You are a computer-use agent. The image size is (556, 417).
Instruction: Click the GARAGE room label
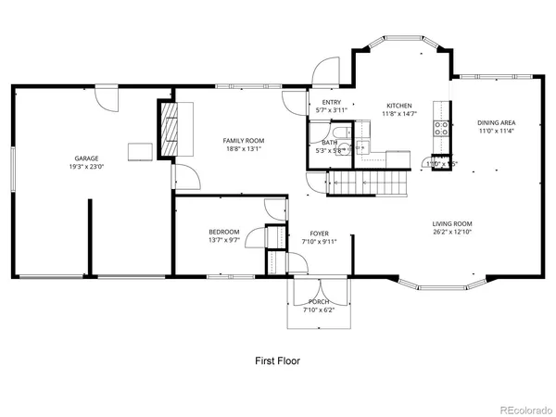(88, 158)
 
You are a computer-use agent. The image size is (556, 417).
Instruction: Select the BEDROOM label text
(224, 232)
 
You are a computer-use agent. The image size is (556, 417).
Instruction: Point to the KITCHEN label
(399, 106)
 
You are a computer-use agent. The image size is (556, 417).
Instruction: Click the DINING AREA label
(496, 122)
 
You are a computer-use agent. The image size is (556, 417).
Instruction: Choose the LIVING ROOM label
(452, 223)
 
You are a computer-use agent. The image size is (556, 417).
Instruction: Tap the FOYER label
(319, 234)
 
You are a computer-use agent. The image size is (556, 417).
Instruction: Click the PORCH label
(319, 301)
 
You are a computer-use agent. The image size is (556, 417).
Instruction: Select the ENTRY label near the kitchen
(331, 103)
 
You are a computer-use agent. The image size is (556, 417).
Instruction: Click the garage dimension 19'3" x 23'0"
(88, 167)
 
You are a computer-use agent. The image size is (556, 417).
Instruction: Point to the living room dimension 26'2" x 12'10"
(452, 232)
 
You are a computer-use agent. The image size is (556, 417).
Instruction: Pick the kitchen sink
(364, 145)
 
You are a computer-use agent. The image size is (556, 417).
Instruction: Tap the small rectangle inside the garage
(140, 150)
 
